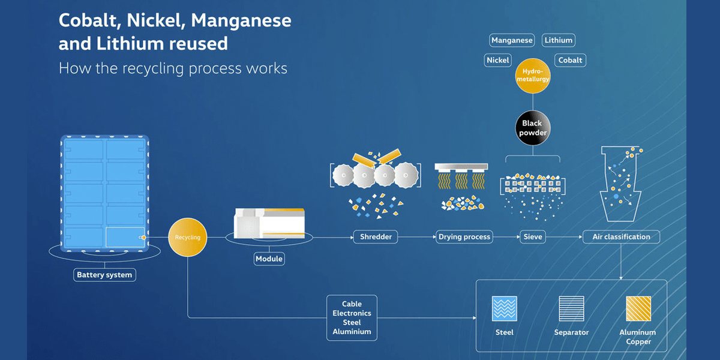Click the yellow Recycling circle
188,238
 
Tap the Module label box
269,259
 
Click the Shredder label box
376,237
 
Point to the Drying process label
464,237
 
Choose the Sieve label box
532,237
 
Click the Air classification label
621,237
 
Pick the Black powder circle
532,128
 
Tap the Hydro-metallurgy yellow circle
532,76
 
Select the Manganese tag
512,41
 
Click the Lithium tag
558,41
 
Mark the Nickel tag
498,60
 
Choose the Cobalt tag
569,60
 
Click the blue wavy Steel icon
504,308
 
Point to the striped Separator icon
571,308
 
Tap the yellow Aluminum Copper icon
638,308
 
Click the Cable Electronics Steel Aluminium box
352,317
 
